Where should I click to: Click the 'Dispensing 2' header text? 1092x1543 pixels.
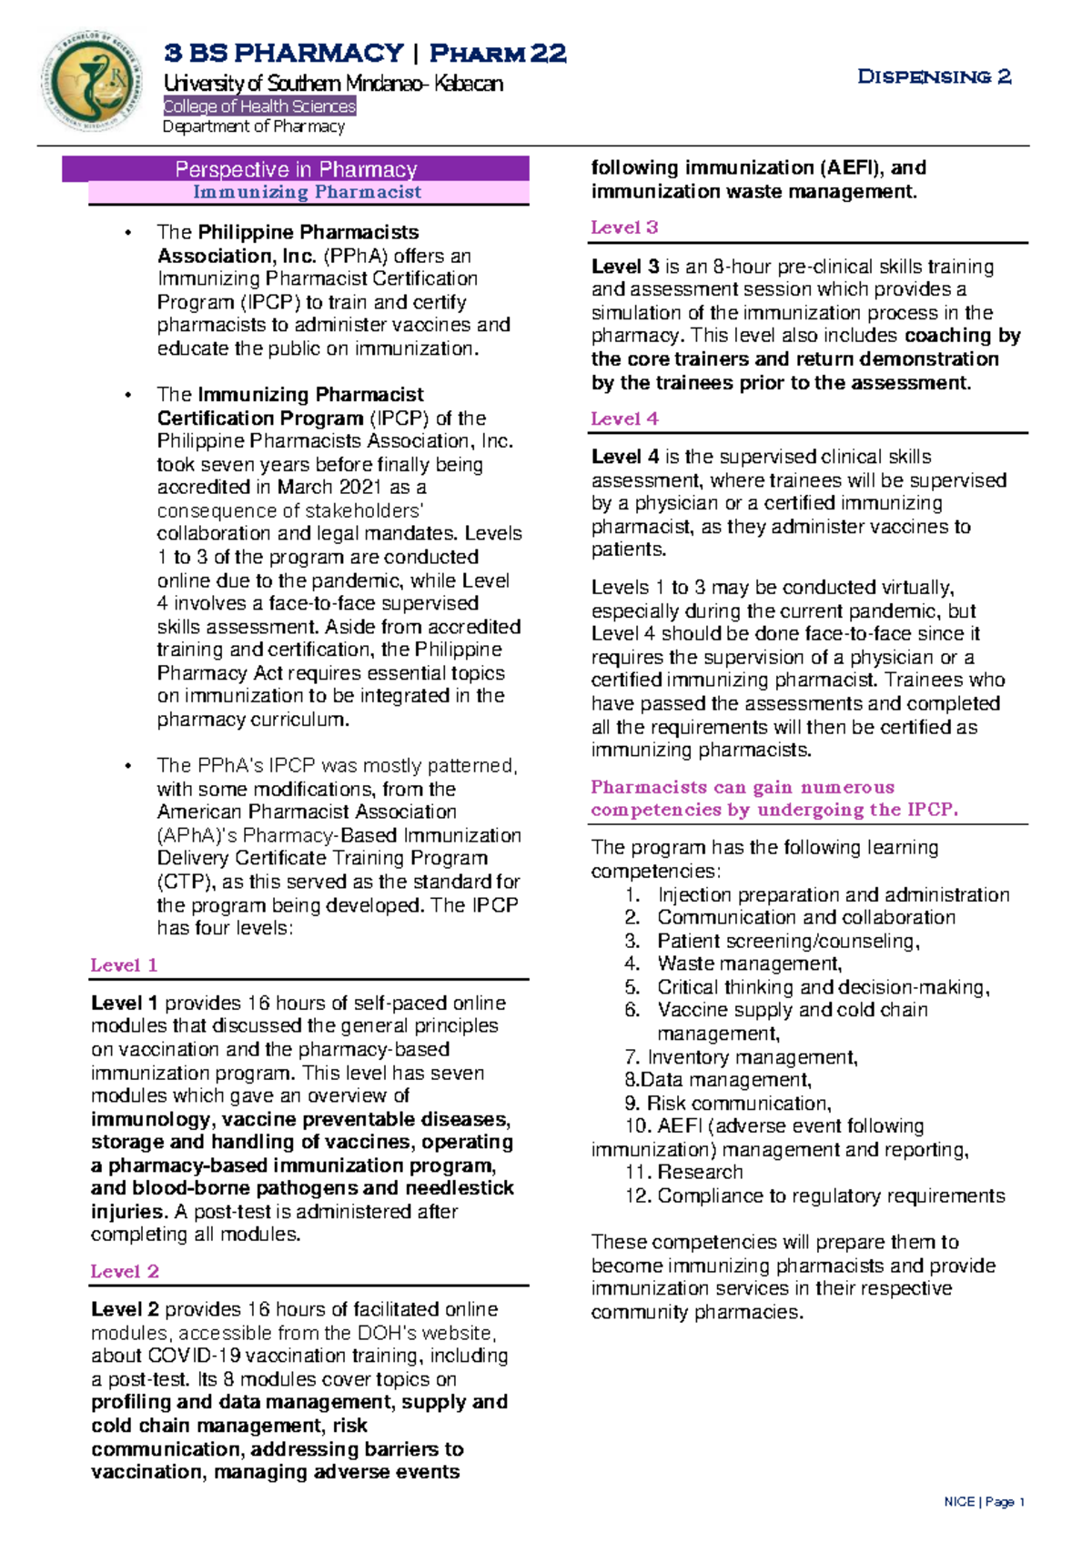934,76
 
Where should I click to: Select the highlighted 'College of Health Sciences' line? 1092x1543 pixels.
259,106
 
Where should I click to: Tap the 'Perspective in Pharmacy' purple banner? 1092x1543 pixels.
296,169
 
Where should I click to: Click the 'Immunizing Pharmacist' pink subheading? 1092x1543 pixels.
308,192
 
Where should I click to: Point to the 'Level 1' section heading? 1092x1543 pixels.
124,965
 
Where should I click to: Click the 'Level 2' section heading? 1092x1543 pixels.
125,1271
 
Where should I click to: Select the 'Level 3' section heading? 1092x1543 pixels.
624,227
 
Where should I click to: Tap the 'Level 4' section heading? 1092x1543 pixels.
624,419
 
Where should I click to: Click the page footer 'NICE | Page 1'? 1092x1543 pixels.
985,1502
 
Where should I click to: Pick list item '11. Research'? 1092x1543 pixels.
684,1172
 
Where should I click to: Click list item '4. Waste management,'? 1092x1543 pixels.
733,963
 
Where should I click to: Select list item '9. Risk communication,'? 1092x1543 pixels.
728,1104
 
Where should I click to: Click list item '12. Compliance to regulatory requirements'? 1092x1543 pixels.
814,1195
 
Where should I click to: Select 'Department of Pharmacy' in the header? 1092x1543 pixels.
253,126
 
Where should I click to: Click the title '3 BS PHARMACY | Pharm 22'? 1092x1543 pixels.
365,53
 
